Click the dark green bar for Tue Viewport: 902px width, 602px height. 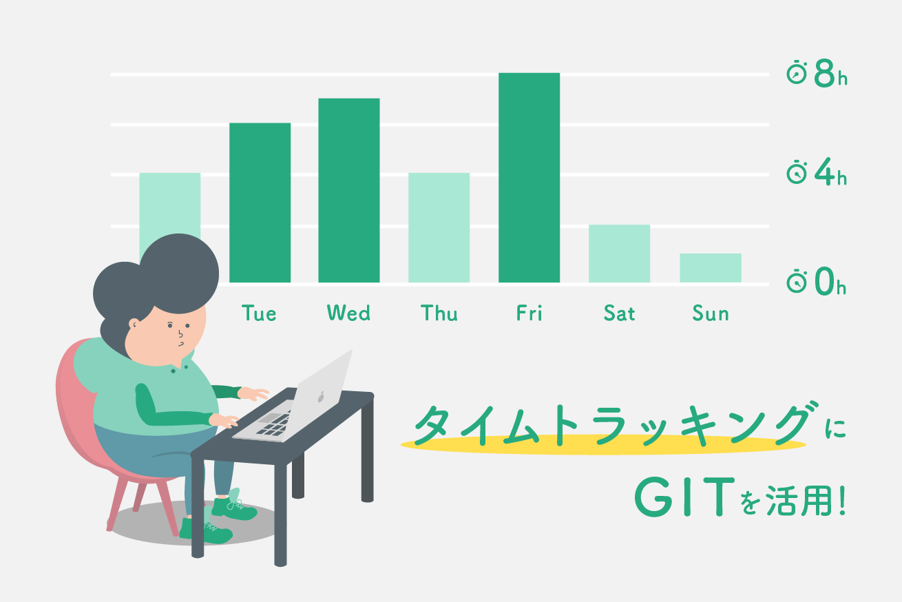point(260,203)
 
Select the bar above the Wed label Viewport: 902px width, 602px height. point(348,190)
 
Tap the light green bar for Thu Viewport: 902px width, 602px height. point(439,228)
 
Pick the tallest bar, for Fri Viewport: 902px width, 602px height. point(529,178)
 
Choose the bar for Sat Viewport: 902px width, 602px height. point(619,253)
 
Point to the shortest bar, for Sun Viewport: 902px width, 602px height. point(711,268)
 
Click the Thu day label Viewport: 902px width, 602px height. point(439,313)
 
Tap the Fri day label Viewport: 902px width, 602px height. point(529,313)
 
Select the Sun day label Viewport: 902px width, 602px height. point(711,313)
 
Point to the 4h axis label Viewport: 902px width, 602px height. point(830,172)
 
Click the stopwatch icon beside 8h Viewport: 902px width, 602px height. point(797,72)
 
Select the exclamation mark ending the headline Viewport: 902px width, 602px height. point(842,501)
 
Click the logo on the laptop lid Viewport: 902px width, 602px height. point(321,397)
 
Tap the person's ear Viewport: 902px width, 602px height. point(134,324)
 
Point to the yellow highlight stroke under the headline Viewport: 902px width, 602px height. point(603,444)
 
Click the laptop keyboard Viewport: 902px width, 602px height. point(274,424)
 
